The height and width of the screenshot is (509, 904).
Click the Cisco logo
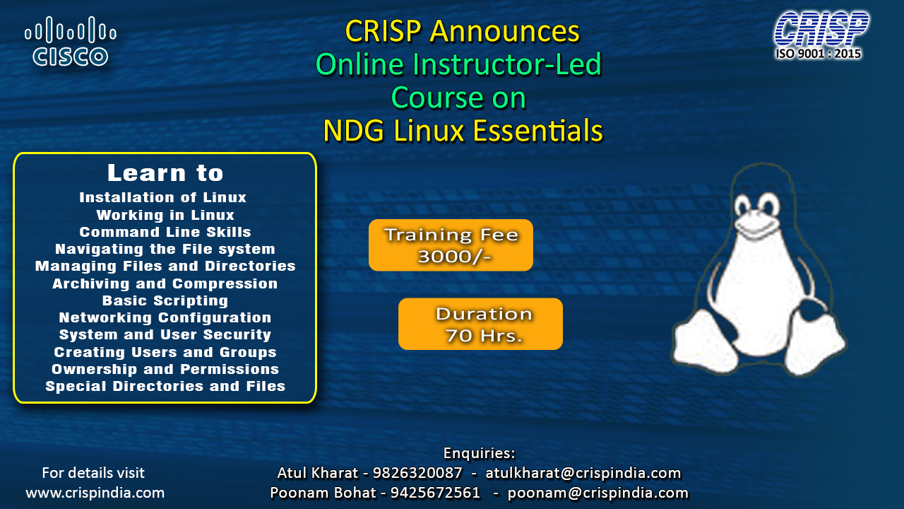pos(71,41)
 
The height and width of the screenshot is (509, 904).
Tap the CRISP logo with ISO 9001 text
pos(821,35)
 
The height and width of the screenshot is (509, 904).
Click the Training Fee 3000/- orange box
pos(451,245)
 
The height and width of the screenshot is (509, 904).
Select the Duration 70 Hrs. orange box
pos(480,324)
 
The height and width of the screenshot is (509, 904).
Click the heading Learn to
pos(165,173)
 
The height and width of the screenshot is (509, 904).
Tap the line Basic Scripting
pos(165,301)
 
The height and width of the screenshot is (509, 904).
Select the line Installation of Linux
pos(162,197)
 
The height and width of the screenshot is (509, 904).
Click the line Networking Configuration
pos(165,318)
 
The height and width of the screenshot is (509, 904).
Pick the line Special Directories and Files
pos(165,386)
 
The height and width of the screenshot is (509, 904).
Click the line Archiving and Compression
pos(165,283)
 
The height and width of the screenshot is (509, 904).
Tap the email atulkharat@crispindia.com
pos(583,473)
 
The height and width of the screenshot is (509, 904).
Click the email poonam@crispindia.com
pos(597,493)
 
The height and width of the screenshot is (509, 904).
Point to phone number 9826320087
pos(417,473)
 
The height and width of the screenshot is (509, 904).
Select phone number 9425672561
pos(435,493)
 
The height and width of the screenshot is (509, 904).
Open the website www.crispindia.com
pos(95,493)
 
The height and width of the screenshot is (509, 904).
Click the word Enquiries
pos(479,453)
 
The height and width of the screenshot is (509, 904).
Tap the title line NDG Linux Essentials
pos(463,131)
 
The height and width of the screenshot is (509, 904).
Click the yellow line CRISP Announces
pos(462,31)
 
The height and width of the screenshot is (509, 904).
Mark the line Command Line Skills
pos(165,232)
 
